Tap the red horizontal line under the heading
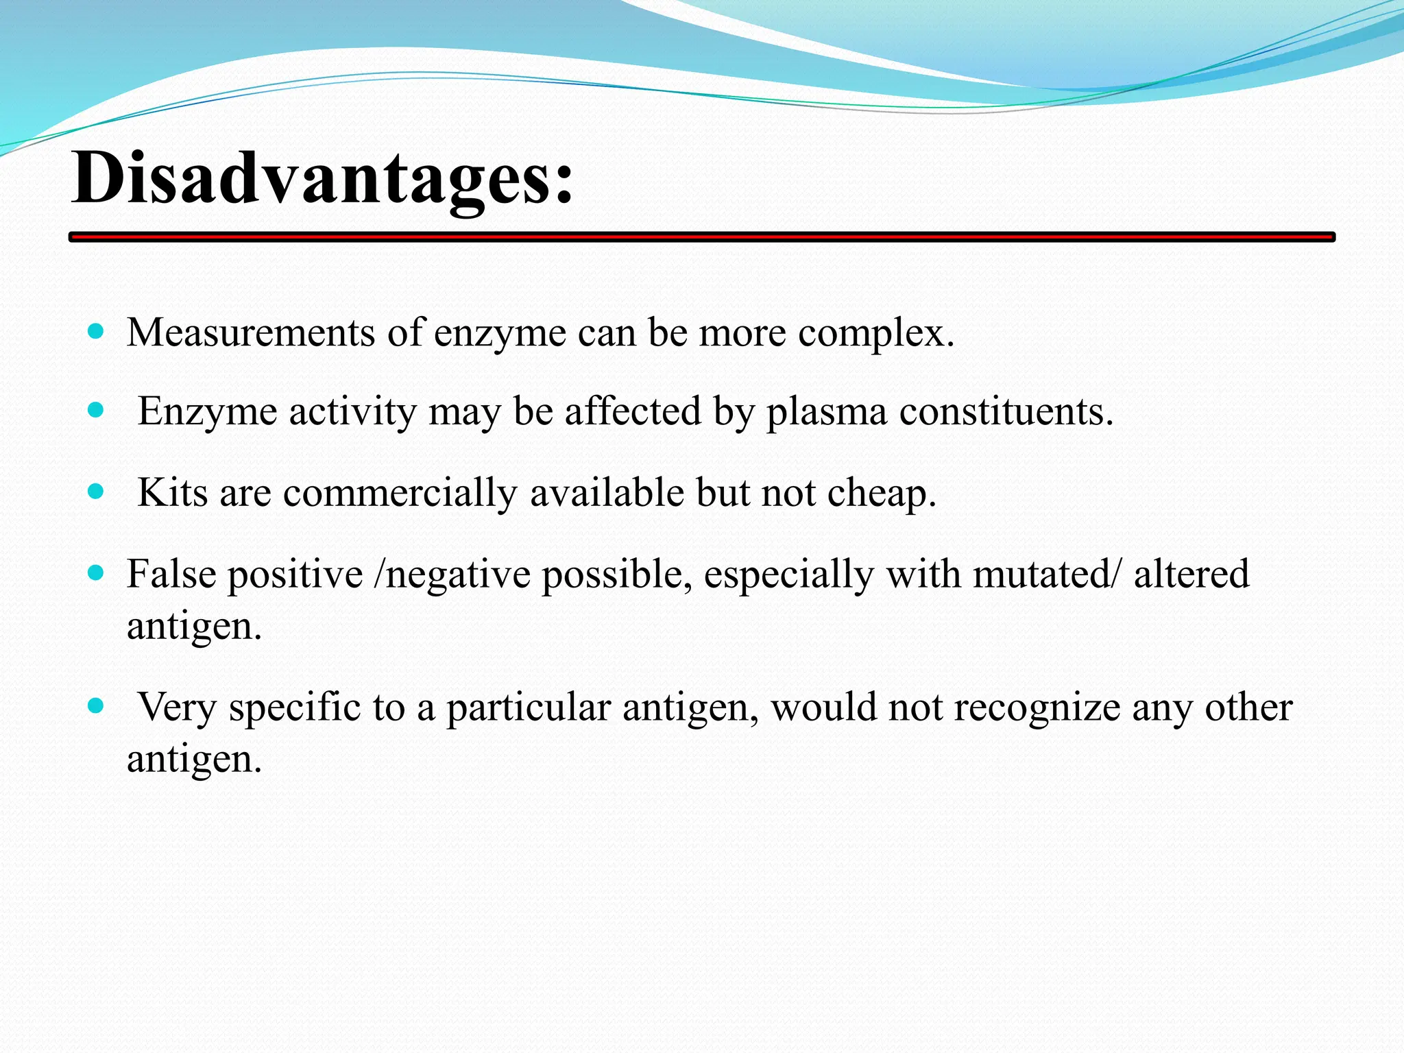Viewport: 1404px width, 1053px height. pyautogui.click(x=702, y=237)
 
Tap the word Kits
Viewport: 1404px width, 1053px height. pyautogui.click(x=172, y=492)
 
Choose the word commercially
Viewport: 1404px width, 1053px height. pyautogui.click(x=400, y=494)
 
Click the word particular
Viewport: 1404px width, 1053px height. pyautogui.click(x=529, y=708)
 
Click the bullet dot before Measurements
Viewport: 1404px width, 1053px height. pyautogui.click(x=96, y=332)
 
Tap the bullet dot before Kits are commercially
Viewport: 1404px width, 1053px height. pyautogui.click(x=96, y=492)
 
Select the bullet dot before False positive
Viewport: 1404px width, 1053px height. pyautogui.click(x=96, y=572)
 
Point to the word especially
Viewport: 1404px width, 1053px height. pyautogui.click(x=788, y=575)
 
